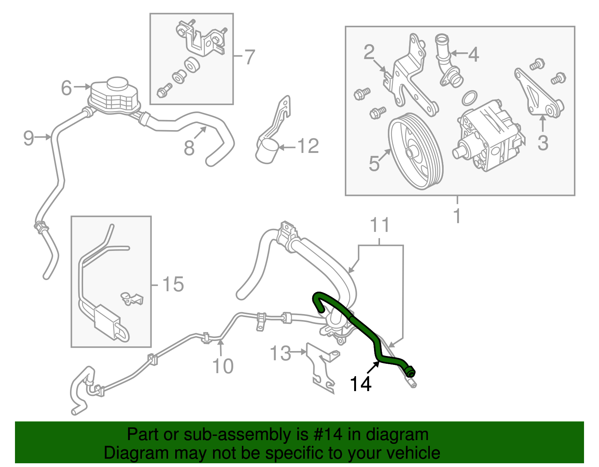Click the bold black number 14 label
click(x=360, y=384)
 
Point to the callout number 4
click(x=474, y=55)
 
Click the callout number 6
click(x=66, y=88)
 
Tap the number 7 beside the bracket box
click(x=249, y=57)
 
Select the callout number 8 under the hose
click(x=189, y=148)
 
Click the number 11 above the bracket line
click(x=380, y=225)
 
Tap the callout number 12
click(x=308, y=146)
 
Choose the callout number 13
click(x=280, y=353)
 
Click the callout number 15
click(x=173, y=285)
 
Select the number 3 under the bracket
click(x=542, y=143)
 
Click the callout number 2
click(x=369, y=52)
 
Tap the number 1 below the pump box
click(x=457, y=216)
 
